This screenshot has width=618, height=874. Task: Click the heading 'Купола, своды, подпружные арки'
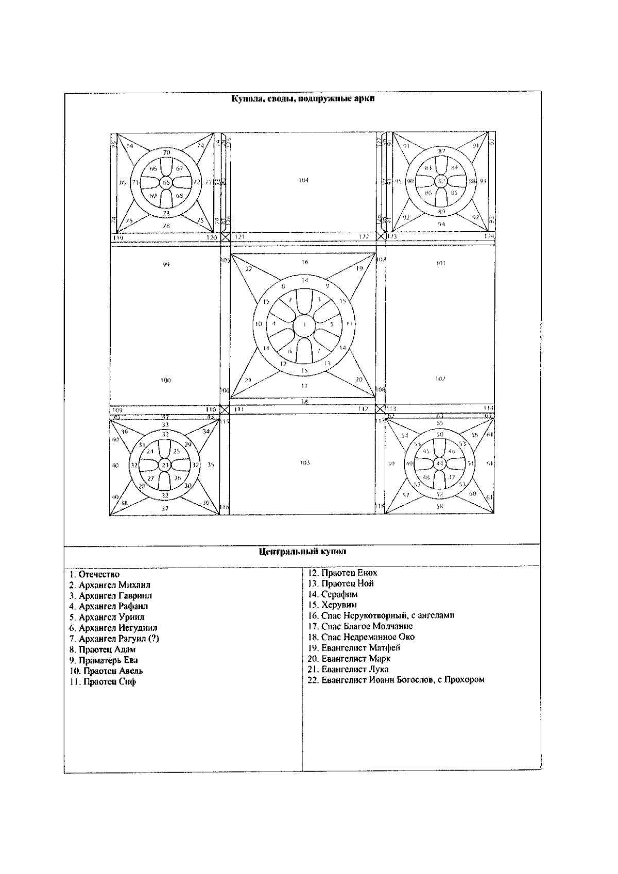tap(302, 99)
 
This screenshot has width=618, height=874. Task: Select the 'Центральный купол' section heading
tap(302, 552)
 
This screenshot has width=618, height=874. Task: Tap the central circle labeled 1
tap(304, 324)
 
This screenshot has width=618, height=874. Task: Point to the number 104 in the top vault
tap(303, 180)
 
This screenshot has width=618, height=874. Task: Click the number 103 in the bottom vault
tap(304, 462)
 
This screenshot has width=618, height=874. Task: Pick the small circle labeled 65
tap(166, 182)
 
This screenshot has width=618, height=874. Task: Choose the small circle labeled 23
tap(165, 465)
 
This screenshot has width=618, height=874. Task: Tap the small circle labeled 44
tap(439, 464)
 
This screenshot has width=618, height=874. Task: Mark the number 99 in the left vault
tap(166, 265)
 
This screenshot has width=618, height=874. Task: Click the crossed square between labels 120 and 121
tap(225, 236)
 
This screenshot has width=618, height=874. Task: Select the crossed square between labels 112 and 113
tap(381, 408)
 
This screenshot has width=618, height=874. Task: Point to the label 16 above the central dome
tap(304, 262)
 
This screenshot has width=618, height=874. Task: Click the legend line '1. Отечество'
tap(95, 574)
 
